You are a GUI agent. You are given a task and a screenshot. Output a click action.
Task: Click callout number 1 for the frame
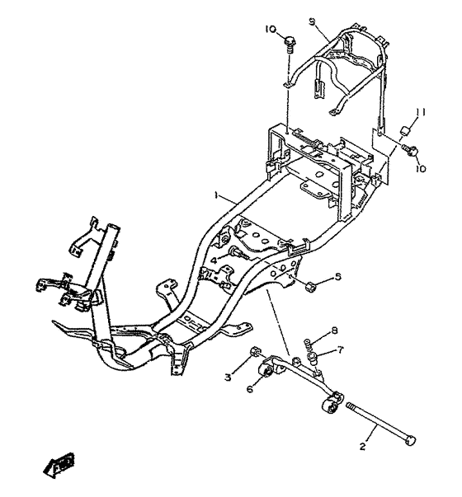pos(216,195)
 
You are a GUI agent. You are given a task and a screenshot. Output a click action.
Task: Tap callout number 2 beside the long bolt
pos(363,447)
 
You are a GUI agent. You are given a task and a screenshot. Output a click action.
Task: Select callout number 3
pos(229,377)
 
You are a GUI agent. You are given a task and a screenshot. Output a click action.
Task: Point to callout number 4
pos(214,260)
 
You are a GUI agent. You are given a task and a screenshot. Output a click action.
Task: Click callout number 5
pos(338,277)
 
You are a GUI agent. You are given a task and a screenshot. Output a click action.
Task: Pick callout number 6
pos(250,388)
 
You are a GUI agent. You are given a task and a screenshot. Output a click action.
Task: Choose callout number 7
pos(340,350)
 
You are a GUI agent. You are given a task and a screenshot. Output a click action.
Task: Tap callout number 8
pos(334,331)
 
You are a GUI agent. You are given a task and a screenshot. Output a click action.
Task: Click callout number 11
pos(421,112)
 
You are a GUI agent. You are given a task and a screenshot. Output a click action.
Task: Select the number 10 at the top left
pos(271,29)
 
